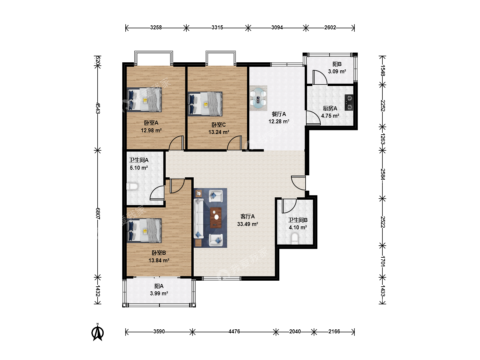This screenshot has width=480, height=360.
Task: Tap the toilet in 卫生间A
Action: click(x=132, y=186)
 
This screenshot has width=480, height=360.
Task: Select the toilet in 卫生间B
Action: click(x=295, y=238)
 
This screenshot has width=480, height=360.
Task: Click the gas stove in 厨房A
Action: click(x=349, y=102)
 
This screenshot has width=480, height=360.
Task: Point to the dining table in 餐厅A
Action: click(x=258, y=98)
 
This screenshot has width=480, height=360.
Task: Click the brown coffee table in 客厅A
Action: click(x=216, y=217)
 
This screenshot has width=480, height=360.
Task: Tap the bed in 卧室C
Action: click(x=205, y=104)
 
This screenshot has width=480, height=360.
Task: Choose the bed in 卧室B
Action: click(x=144, y=230)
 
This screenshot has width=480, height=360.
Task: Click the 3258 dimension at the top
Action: click(x=156, y=28)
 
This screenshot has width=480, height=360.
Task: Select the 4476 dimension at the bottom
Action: click(x=234, y=332)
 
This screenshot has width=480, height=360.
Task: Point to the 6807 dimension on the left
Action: click(x=98, y=214)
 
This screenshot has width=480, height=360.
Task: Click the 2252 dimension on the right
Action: click(x=382, y=106)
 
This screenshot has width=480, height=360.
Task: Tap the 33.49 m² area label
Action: click(x=248, y=224)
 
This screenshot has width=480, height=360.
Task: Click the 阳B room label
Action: click(x=337, y=64)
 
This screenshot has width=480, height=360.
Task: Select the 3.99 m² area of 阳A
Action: click(x=159, y=293)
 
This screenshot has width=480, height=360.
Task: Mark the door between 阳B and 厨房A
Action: click(x=320, y=77)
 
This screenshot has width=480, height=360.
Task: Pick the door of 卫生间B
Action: click(x=289, y=206)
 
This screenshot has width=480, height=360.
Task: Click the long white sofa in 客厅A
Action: click(x=199, y=218)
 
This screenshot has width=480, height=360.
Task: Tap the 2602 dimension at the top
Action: click(x=330, y=28)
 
